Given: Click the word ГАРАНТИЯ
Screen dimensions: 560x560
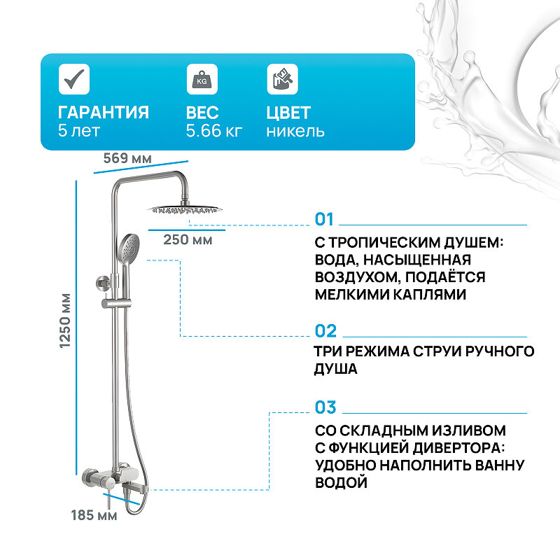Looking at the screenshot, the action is pos(104,113).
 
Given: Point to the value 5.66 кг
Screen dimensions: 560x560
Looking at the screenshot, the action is pos(214,131).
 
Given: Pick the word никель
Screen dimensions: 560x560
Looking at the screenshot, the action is pos(295,131).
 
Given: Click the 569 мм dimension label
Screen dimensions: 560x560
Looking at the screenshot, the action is pos(127,158).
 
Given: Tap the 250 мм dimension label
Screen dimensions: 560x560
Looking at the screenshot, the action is pos(187,240).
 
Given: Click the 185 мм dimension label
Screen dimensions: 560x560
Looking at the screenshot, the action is pos(94,517).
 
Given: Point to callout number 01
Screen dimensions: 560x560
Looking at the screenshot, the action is pos(325,220).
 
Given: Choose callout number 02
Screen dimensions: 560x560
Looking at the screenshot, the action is pos(325,331).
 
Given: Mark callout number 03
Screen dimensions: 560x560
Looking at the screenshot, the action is pos(325,407).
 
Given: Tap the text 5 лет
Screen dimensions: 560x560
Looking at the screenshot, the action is pos(79,131).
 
